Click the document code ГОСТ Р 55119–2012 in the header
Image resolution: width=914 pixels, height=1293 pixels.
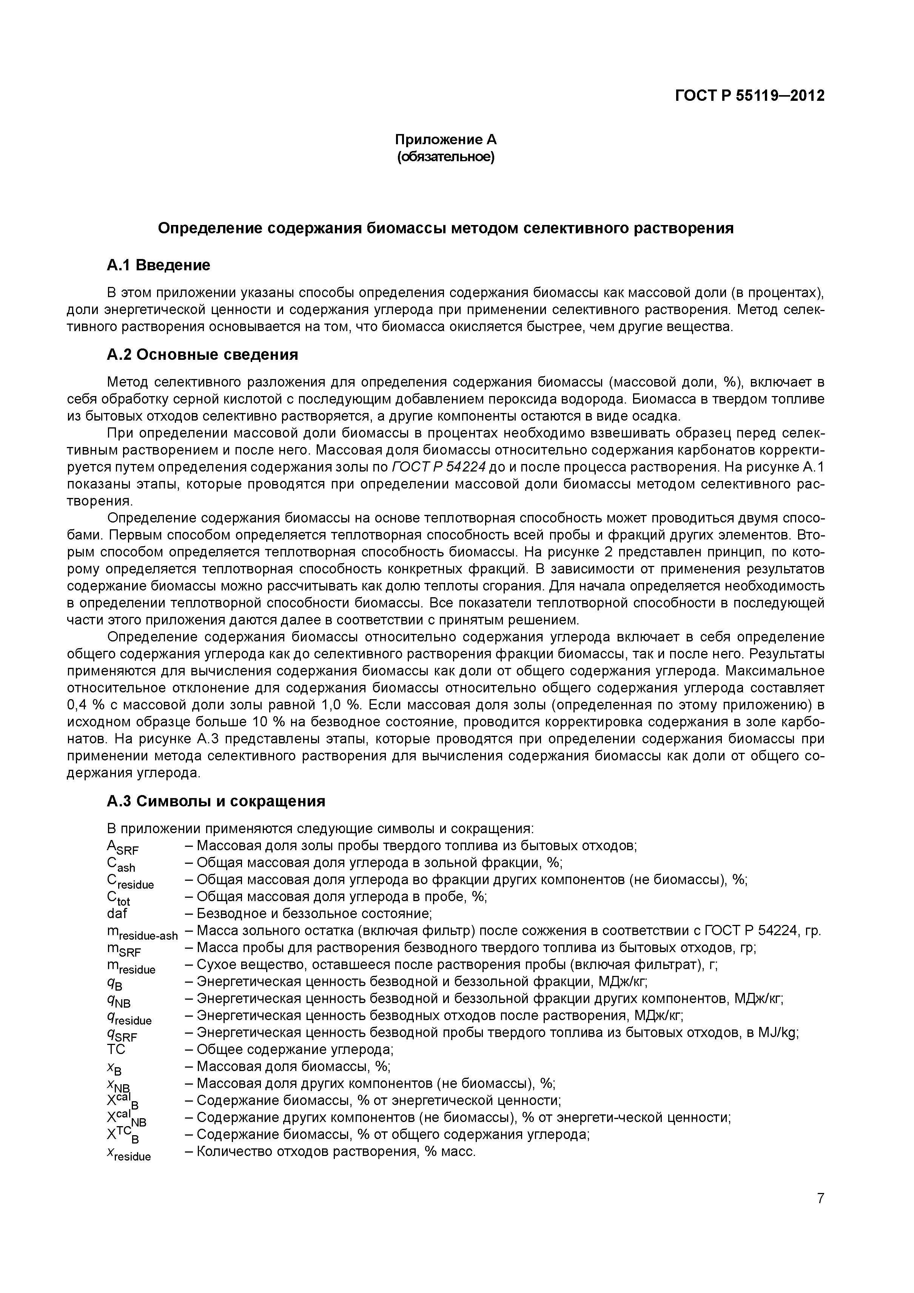(x=749, y=96)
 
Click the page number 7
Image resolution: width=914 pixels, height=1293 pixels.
(x=820, y=1214)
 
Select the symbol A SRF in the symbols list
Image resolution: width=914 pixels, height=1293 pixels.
(x=122, y=848)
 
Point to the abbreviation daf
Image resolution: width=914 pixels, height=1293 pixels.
(x=117, y=913)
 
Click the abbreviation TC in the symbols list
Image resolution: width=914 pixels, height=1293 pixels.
(x=116, y=1049)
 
